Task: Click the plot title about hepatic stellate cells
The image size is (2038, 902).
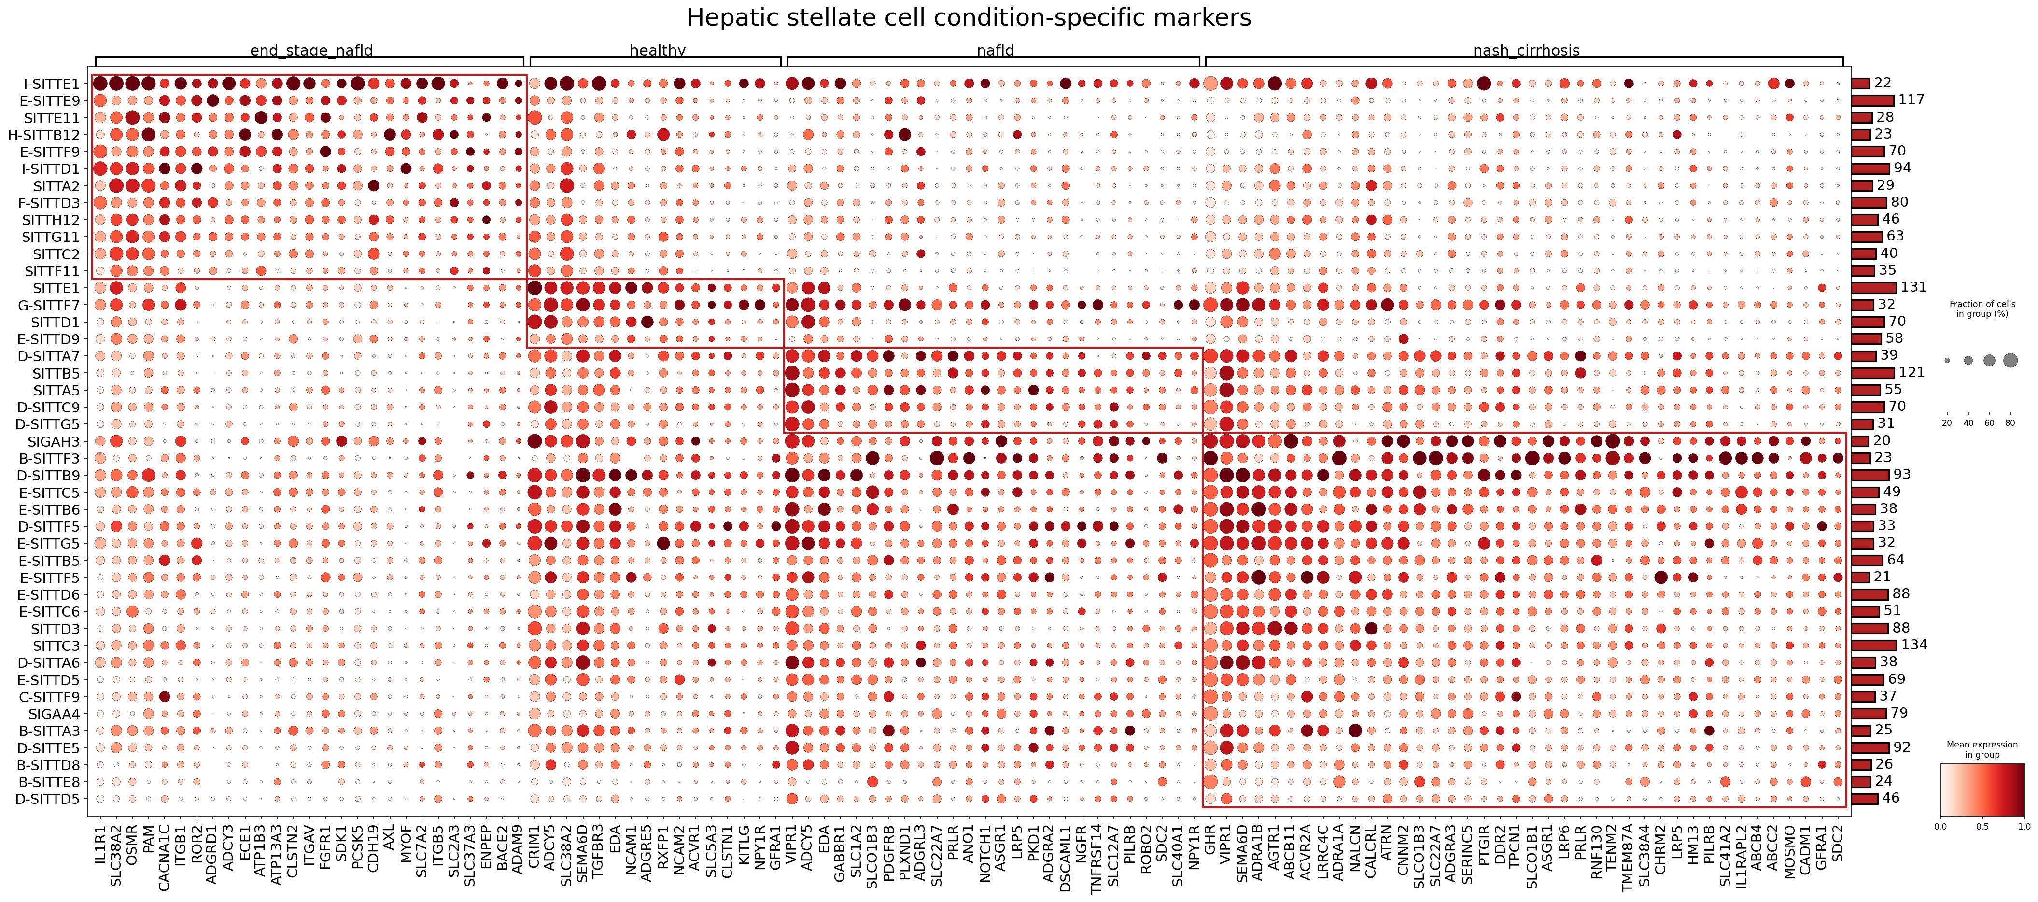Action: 969,17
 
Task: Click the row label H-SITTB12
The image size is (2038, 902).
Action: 44,135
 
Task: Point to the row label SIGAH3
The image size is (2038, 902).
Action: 54,441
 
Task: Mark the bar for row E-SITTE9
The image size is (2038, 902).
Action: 1873,100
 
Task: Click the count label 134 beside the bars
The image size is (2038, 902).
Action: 1914,645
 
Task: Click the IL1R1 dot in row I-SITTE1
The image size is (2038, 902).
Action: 100,84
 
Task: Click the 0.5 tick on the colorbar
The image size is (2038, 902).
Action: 1982,826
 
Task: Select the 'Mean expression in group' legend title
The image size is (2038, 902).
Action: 1982,749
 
